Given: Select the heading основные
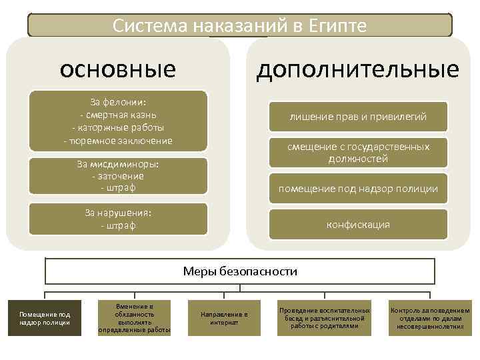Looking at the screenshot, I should click(x=118, y=69).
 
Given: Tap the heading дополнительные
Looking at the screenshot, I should click(x=358, y=69).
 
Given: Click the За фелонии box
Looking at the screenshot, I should click(x=118, y=121).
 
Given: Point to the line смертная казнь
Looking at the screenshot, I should click(x=118, y=115).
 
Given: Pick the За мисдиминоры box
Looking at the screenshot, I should click(x=118, y=176).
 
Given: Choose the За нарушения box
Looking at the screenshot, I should click(x=118, y=219).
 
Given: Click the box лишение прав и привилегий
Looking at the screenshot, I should click(x=358, y=117).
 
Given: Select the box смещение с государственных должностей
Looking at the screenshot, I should click(x=358, y=153).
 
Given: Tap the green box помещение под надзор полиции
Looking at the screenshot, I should click(x=358, y=189).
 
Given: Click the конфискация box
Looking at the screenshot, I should click(x=358, y=225).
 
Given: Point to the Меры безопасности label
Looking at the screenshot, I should click(x=240, y=271).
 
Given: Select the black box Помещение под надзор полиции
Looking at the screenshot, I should click(x=45, y=318).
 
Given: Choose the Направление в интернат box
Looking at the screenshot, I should click(x=224, y=318).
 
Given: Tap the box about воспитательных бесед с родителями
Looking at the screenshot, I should click(x=324, y=318).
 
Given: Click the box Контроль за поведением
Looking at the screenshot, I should click(x=429, y=318).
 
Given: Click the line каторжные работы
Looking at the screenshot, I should click(x=118, y=127).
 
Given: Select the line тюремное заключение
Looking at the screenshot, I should click(x=118, y=141).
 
